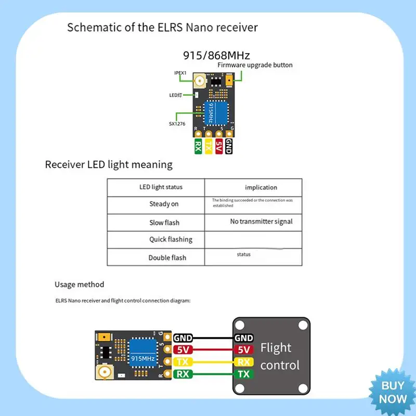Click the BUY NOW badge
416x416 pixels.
pyautogui.click(x=393, y=392)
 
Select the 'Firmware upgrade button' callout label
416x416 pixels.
pyautogui.click(x=255, y=65)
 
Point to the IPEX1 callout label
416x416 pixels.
pyautogui.click(x=180, y=73)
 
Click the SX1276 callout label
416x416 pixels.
pyautogui.click(x=177, y=123)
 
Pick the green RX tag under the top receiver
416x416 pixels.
pyautogui.click(x=198, y=146)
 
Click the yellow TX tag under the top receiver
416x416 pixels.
pyautogui.click(x=209, y=146)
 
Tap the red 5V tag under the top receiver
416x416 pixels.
pyautogui.click(x=219, y=146)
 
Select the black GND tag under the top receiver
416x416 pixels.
pyautogui.click(x=229, y=146)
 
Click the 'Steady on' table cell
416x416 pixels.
pyautogui.click(x=164, y=204)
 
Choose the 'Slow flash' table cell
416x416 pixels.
pyautogui.click(x=164, y=223)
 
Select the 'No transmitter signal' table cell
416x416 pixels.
pyautogui.click(x=261, y=222)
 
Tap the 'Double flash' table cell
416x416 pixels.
pyautogui.click(x=167, y=257)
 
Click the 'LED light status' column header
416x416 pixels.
pyautogui.click(x=161, y=187)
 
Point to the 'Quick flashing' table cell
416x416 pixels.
pyautogui.click(x=170, y=239)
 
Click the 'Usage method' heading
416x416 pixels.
pyautogui.click(x=79, y=284)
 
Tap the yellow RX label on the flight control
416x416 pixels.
pyautogui.click(x=243, y=362)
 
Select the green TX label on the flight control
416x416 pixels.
pyautogui.click(x=243, y=374)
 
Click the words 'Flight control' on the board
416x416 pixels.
pyautogui.click(x=280, y=356)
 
